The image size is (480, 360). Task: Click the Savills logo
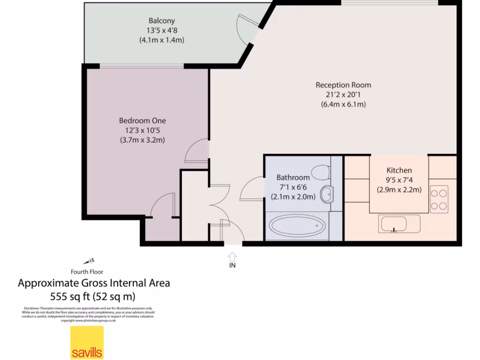87,343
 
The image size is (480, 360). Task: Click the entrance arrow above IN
232,256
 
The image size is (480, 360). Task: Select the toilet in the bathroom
321,172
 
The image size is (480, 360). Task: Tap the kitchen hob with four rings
439,199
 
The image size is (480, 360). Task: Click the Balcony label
162,21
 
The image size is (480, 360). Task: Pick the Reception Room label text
343,85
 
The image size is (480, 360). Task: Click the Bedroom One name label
142,120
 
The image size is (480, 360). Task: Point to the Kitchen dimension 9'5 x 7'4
399,180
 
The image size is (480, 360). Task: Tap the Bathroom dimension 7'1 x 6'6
293,187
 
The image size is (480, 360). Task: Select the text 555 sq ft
69,296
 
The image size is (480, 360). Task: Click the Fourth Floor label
87,271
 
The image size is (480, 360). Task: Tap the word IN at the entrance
232,265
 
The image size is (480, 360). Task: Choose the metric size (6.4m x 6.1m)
343,105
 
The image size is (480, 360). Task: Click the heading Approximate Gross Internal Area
94,283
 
